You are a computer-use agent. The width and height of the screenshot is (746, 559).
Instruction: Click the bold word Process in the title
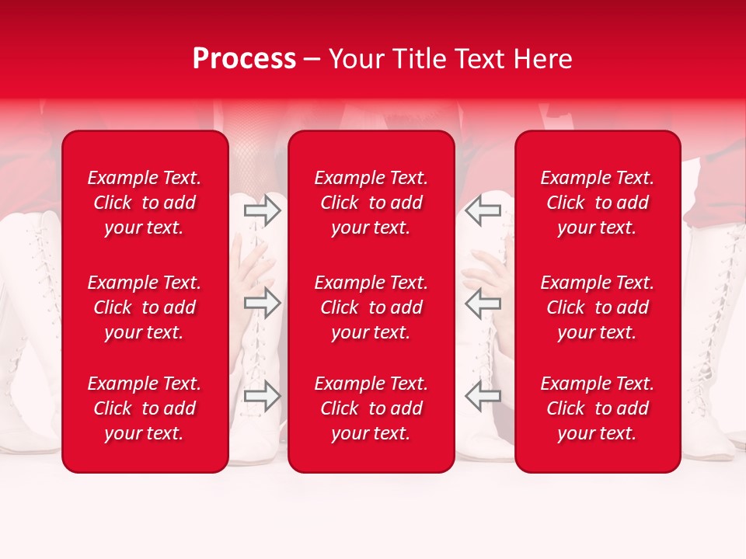point(244,59)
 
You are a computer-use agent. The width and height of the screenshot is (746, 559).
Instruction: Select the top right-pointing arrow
point(262,210)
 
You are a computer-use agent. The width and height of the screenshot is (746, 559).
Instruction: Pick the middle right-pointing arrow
point(262,303)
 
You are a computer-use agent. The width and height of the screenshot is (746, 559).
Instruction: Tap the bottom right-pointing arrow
point(262,396)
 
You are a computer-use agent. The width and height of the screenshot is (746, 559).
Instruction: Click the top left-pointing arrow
point(483,210)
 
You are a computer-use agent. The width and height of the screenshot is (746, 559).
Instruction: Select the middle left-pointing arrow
point(483,303)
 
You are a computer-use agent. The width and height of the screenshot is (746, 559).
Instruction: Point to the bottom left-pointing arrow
point(483,396)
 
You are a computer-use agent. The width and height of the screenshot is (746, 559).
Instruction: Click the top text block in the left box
point(145,203)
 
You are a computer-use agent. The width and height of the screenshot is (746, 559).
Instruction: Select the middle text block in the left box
point(145,307)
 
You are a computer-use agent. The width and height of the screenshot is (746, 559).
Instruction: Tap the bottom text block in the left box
point(145,408)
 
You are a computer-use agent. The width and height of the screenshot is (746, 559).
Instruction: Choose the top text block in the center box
point(371,203)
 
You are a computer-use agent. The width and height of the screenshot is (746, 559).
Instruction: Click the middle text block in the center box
point(371,307)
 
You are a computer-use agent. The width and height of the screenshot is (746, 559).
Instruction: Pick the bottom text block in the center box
point(371,408)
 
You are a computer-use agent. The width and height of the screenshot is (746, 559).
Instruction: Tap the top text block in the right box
point(597,203)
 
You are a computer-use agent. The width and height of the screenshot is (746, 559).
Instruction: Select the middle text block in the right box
point(597,307)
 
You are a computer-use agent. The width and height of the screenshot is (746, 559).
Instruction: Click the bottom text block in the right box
point(597,408)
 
